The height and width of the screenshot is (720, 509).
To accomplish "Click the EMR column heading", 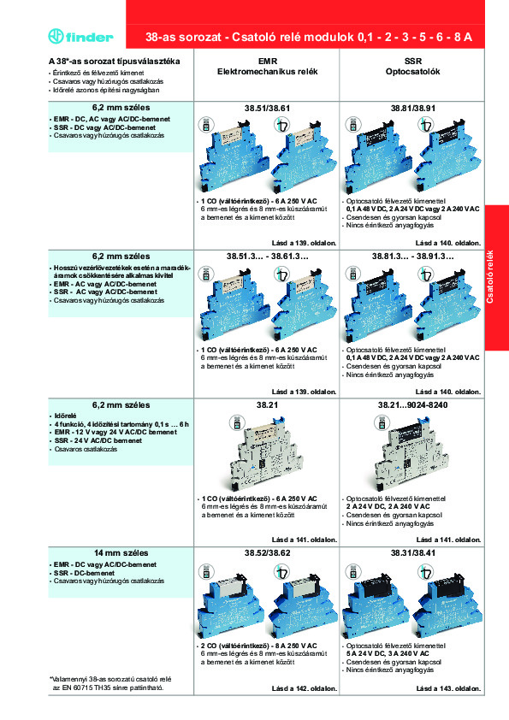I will tap(267, 62).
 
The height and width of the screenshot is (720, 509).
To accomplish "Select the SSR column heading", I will tap(411, 62).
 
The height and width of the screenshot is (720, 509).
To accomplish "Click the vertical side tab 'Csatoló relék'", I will tap(496, 265).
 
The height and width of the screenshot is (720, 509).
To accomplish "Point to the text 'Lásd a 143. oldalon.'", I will tap(449, 688).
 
